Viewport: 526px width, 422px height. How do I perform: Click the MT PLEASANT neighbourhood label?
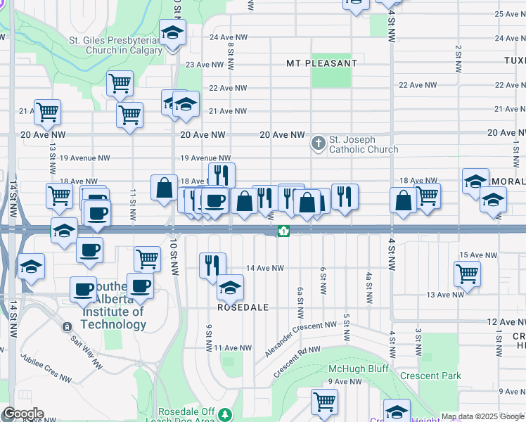pos(321,63)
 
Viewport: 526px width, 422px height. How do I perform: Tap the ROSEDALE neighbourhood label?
pos(243,308)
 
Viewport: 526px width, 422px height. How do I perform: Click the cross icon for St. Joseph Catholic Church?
pos(319,143)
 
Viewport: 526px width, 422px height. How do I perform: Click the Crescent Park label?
pos(430,376)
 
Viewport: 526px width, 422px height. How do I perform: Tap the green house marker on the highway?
pos(283,231)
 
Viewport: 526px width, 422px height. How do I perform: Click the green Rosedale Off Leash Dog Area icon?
pos(225,414)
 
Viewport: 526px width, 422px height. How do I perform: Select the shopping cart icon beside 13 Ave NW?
pos(467,274)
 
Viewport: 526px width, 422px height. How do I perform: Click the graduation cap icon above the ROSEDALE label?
pos(229,287)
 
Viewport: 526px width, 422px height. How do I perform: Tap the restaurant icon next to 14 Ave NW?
pos(212,265)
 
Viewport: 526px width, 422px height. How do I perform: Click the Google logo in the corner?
pos(22,414)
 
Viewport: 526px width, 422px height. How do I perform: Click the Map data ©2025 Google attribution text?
pos(482,416)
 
